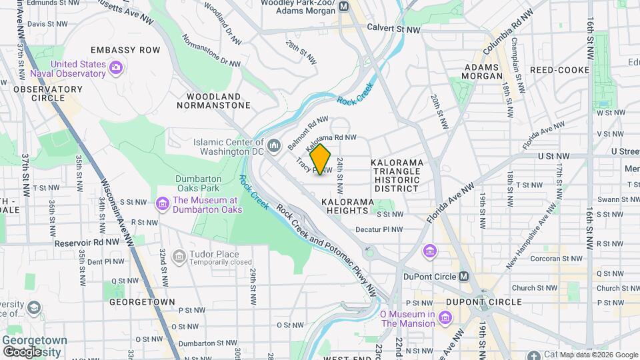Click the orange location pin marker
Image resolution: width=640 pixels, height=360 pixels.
pyautogui.click(x=321, y=159)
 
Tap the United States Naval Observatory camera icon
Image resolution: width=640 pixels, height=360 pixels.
pyautogui.click(x=116, y=66)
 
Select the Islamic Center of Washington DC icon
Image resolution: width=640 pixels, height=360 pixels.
pyautogui.click(x=273, y=145)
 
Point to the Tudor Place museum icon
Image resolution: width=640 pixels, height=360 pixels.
pyautogui.click(x=179, y=257)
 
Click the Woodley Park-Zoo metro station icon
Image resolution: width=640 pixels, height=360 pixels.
pyautogui.click(x=344, y=7)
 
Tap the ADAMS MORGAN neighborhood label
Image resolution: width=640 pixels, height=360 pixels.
pyautogui.click(x=481, y=72)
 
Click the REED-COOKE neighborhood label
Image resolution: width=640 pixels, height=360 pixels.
pyautogui.click(x=559, y=70)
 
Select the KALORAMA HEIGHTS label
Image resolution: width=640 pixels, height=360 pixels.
pyautogui.click(x=345, y=206)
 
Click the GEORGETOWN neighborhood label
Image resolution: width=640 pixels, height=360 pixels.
pyautogui.click(x=143, y=302)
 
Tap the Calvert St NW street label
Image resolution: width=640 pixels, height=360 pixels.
pyautogui.click(x=394, y=29)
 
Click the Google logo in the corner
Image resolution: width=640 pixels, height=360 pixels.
pyautogui.click(x=22, y=351)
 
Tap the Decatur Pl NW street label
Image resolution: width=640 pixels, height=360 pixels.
pyautogui.click(x=379, y=229)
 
